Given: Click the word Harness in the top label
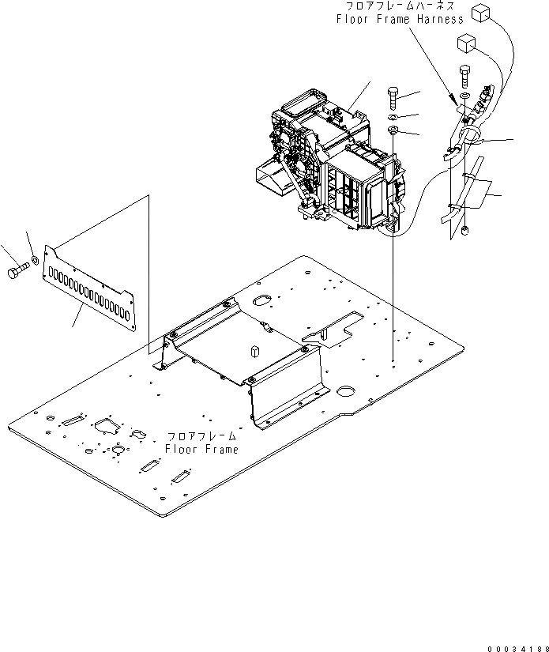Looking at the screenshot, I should click(x=436, y=19).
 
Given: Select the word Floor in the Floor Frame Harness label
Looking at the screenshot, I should click(x=352, y=19).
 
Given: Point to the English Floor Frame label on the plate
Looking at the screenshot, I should click(x=201, y=449).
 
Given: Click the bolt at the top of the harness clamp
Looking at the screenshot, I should click(x=464, y=77).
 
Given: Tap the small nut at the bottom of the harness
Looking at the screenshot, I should click(x=466, y=231).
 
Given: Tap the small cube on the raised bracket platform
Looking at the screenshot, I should click(x=256, y=350).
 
